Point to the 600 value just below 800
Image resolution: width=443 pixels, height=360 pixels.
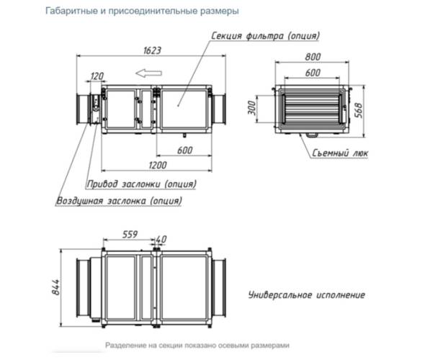point(312,73)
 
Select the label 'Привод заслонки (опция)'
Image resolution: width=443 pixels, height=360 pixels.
point(141,184)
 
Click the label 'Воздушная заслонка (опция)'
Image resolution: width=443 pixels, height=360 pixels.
point(119,201)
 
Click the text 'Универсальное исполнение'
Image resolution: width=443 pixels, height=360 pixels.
point(307,295)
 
